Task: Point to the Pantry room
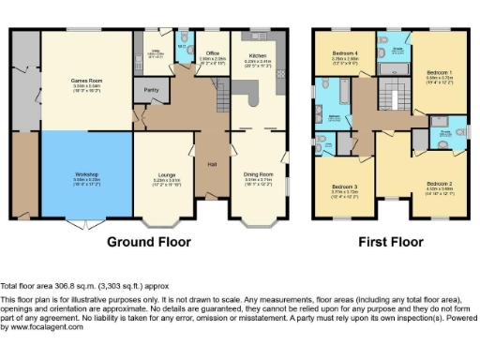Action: point(148,90)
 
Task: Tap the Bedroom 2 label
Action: point(440,184)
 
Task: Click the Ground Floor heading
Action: point(148,242)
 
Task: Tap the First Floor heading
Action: point(392,242)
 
